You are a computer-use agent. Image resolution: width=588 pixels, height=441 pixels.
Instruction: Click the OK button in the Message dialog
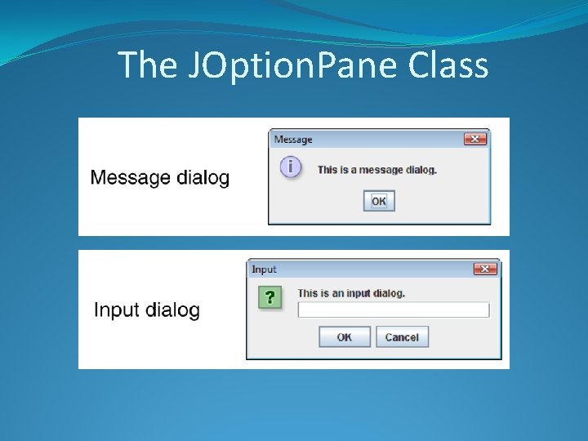[379, 201]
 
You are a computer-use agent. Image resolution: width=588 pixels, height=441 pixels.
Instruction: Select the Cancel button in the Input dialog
[402, 336]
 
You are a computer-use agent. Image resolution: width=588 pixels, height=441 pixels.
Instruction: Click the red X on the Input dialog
[486, 269]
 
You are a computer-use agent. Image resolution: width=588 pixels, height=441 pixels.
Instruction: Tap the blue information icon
[290, 167]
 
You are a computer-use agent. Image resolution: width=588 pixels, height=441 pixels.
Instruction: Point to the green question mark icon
[269, 296]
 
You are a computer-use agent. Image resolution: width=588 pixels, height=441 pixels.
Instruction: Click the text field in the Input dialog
[393, 310]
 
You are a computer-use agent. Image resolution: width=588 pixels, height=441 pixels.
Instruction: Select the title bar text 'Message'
[293, 140]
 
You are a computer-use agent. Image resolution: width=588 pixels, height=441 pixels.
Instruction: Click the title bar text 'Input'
[264, 269]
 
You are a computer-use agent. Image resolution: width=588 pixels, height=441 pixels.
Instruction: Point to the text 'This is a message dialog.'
[377, 170]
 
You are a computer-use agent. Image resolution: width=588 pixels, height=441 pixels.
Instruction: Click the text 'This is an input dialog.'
[351, 293]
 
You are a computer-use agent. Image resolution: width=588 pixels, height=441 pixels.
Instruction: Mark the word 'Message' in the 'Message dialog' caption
[131, 177]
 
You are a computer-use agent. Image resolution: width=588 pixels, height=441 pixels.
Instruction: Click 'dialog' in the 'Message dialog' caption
[203, 178]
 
